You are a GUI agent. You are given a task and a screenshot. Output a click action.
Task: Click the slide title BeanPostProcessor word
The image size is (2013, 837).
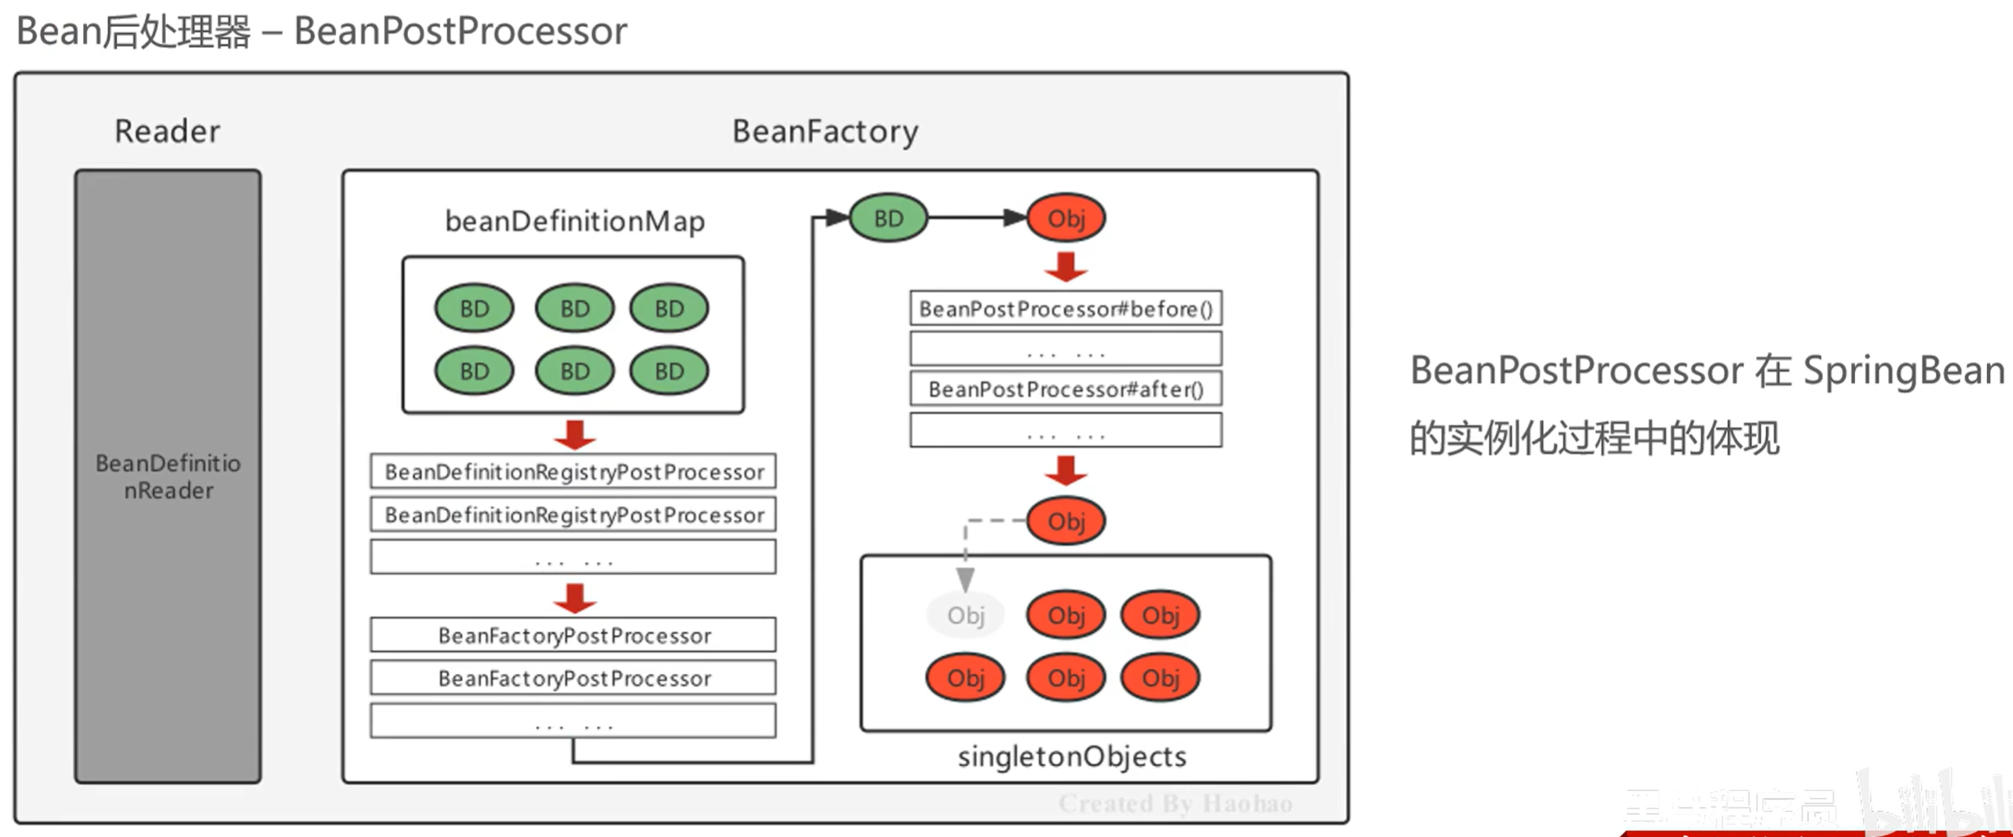point(460,31)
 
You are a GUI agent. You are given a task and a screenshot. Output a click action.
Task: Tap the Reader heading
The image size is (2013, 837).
point(168,131)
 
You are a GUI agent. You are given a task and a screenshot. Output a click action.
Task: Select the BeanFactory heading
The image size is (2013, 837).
point(825,131)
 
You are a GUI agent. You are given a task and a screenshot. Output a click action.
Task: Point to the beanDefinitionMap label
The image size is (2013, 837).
point(575,221)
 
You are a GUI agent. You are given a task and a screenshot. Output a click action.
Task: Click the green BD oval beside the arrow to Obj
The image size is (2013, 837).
point(888,218)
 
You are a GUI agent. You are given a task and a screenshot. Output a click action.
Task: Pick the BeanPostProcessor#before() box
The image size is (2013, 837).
point(1066,309)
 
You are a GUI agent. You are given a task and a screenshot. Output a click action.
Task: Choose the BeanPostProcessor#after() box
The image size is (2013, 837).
point(1066,389)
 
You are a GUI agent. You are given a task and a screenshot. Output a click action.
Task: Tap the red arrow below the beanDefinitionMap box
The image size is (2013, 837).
point(575,434)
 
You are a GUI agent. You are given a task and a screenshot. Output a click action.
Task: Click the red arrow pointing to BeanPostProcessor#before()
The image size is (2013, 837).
point(1066,267)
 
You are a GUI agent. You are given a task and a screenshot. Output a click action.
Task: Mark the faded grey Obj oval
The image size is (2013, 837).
point(965,616)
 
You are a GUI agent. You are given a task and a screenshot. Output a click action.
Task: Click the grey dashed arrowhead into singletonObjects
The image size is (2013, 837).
point(965,579)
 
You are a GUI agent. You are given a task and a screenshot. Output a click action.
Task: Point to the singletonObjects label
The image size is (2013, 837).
point(1071,756)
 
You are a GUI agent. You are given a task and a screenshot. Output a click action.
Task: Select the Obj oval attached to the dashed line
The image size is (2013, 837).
point(1066,521)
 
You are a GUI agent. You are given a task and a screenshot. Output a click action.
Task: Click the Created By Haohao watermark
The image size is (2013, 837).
point(1175,803)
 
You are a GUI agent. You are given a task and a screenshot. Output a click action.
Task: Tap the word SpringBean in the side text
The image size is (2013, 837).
point(1904,371)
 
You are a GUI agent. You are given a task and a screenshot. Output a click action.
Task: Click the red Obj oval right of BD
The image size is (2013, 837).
point(1066,218)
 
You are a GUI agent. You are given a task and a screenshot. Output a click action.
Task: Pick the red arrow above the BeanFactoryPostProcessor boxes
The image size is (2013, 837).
point(575,597)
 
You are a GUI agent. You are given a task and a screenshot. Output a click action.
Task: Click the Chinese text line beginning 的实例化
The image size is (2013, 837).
point(1594,438)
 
